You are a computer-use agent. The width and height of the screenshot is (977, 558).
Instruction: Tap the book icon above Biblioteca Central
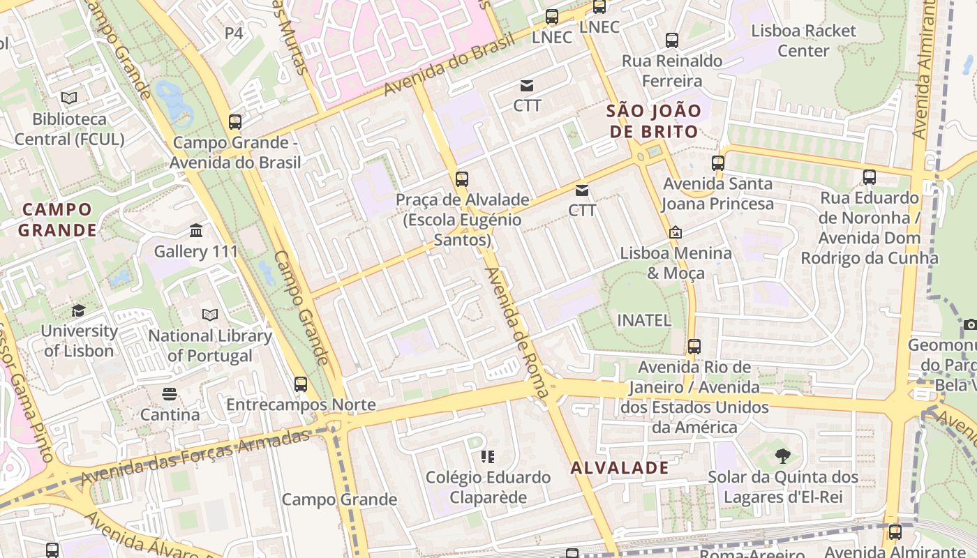69,98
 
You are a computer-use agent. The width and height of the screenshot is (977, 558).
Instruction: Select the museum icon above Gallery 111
196,230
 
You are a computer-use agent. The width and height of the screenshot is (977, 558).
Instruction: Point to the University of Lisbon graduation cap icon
78,310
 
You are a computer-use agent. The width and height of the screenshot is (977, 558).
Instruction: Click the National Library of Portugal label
210,345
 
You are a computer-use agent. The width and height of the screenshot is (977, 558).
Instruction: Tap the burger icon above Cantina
170,394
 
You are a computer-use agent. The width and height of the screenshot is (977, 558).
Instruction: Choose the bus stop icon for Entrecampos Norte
301,384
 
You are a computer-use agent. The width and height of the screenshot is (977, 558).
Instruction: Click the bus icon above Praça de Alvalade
461,179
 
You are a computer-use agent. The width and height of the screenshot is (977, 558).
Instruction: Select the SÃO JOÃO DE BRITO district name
654,121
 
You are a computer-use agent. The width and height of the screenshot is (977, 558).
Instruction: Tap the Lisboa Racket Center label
803,40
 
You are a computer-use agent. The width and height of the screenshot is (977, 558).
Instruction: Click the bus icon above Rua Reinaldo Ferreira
672,40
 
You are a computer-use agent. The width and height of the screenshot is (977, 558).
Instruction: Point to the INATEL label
644,320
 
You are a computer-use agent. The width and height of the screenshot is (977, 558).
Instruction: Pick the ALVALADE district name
620,467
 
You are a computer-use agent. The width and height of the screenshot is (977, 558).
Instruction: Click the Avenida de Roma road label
517,333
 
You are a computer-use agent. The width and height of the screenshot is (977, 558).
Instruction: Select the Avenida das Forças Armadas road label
195,458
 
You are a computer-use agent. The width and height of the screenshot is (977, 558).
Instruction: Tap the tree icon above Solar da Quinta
783,456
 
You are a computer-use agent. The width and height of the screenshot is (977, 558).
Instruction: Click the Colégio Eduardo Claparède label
488,488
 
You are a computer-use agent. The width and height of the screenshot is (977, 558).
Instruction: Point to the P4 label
234,33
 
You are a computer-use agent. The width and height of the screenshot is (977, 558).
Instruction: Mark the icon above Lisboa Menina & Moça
675,232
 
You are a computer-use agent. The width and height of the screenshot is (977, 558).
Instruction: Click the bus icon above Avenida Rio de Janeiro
694,346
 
